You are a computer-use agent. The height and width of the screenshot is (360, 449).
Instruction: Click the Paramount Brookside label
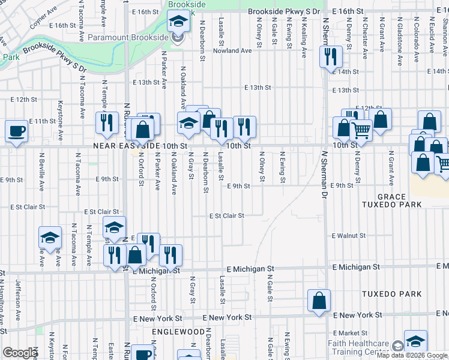[x=129, y=38]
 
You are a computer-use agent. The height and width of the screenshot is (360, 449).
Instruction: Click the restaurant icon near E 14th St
[x=330, y=57]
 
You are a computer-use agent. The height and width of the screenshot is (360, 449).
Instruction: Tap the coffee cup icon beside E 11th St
[x=16, y=131]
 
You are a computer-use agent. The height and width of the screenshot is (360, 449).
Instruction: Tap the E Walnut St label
[x=349, y=236]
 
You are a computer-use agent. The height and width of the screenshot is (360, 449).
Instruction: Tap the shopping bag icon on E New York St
[x=319, y=300]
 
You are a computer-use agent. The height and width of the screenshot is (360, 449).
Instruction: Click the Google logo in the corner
[x=19, y=353]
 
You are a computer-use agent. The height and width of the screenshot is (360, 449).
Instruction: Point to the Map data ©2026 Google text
[x=412, y=355]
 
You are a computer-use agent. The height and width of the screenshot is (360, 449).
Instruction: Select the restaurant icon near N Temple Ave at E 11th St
[x=107, y=123]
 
